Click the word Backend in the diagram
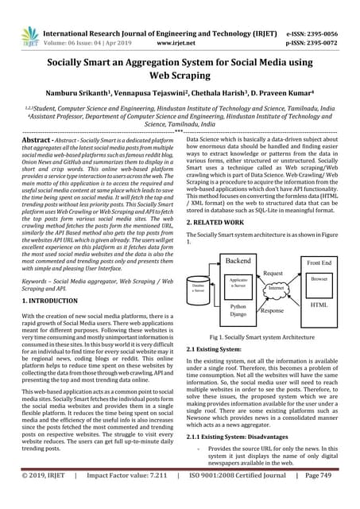point(238,239)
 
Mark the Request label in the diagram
point(274,251)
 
